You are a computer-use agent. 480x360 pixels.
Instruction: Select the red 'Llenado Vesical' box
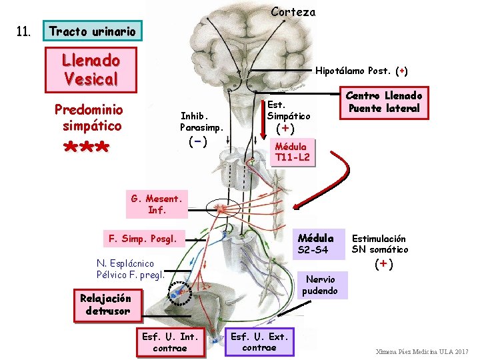(x=90, y=69)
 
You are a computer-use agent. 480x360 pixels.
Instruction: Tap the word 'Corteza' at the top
(x=293, y=11)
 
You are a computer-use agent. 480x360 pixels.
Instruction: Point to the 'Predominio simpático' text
(x=88, y=117)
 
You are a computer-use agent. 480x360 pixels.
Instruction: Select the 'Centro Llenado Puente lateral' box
(x=383, y=102)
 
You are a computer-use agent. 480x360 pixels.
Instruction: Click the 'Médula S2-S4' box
(x=315, y=244)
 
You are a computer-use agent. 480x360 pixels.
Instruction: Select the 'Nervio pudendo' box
(x=321, y=285)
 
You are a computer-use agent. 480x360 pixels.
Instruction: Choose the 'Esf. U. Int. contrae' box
(x=170, y=342)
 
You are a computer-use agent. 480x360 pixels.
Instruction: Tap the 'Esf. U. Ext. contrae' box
(x=259, y=342)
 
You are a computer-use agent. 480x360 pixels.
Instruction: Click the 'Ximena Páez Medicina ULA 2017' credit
(x=422, y=351)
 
